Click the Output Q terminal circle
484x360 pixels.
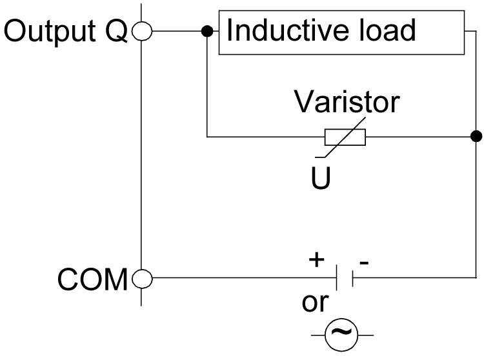pos(141,30)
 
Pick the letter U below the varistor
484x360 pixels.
pos(321,179)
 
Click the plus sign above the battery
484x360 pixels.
pos(316,260)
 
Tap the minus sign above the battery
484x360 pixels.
pos(365,263)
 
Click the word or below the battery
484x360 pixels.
pos(315,303)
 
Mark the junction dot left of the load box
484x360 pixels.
pos(207,30)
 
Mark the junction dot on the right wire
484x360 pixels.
pos(476,136)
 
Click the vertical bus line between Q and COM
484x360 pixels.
pos(141,155)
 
